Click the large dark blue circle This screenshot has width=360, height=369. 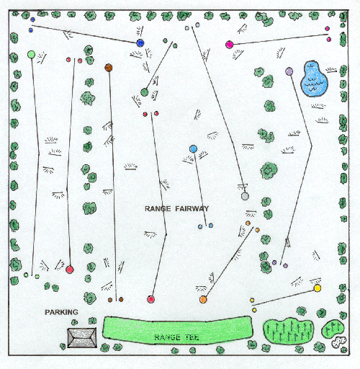140,43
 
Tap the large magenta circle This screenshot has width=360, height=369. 230,45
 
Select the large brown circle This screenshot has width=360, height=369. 109,68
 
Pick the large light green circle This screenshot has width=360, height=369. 31,54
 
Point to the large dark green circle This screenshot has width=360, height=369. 144,92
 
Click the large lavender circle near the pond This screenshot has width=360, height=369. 289,71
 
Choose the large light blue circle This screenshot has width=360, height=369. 193,149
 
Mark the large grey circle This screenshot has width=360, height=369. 245,196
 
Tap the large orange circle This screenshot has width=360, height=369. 203,299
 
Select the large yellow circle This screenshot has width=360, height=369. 318,288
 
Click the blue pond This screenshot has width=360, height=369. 314,79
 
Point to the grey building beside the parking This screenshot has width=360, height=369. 82,338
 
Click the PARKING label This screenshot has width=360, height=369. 61,312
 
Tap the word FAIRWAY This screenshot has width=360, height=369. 192,208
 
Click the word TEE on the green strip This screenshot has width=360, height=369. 192,337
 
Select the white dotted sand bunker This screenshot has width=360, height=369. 339,342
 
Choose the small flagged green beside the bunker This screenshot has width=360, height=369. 333,329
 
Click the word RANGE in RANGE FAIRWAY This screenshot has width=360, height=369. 158,208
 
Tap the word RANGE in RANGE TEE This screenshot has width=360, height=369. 167,337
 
